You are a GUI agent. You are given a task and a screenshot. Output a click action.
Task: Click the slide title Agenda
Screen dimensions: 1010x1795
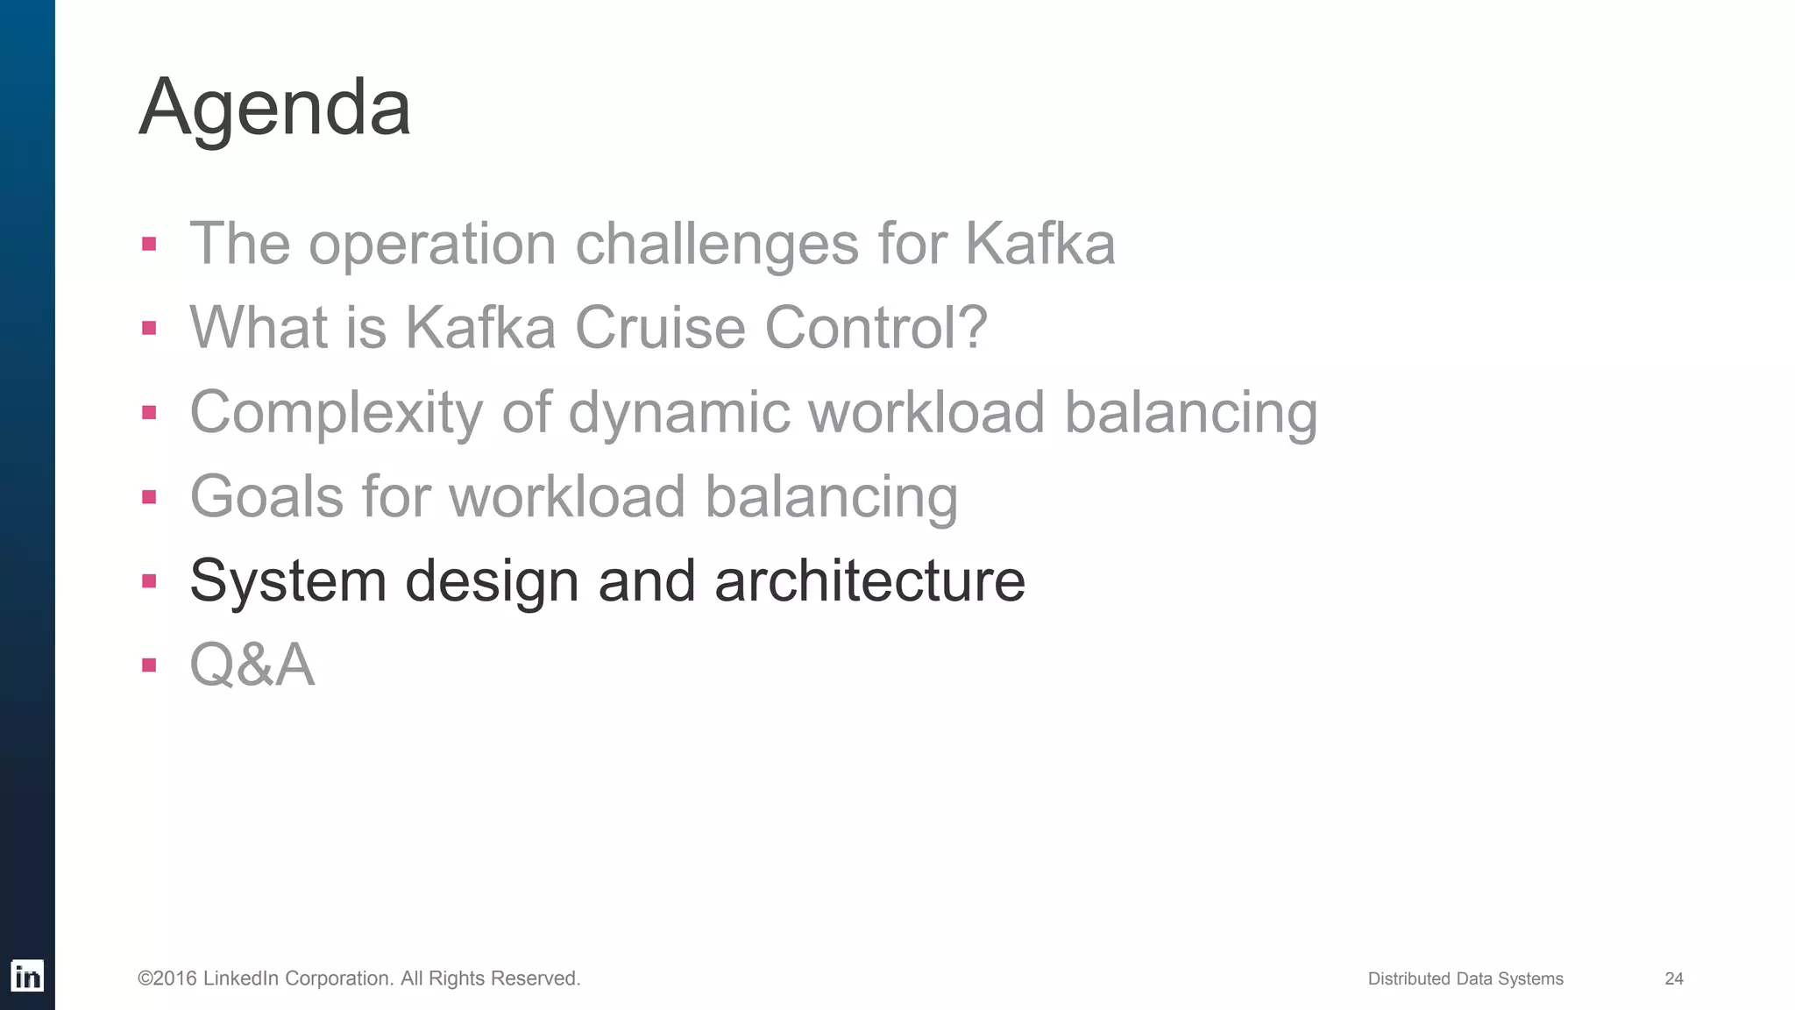274,107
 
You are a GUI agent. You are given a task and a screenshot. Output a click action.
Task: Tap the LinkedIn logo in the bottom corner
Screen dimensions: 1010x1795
27,977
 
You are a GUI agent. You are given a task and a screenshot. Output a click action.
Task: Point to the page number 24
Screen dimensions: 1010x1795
1673,978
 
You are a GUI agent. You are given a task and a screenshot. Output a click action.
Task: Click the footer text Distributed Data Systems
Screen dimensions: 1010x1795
1465,978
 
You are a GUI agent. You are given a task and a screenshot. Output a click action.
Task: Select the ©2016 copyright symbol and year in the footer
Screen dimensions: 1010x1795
167,978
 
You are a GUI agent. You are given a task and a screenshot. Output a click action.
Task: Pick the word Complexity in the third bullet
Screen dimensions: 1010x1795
336,412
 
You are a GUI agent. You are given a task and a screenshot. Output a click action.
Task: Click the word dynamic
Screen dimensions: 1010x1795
678,412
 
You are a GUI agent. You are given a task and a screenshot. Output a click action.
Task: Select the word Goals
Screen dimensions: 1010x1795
266,496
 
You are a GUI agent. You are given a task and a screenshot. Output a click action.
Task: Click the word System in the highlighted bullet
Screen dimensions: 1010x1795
287,580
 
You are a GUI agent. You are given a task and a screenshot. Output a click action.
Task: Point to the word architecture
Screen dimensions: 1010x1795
869,580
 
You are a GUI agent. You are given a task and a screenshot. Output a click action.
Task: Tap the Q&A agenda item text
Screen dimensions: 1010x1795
252,665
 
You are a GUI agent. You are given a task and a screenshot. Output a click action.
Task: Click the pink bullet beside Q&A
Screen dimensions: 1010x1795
149,665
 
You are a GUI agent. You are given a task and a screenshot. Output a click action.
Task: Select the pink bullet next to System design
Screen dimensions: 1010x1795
149,580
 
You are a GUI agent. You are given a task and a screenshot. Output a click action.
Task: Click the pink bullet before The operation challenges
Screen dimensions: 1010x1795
149,244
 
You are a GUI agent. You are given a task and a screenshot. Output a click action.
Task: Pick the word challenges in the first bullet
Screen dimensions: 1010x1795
716,244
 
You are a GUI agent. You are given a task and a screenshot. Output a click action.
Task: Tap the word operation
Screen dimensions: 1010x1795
432,244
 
